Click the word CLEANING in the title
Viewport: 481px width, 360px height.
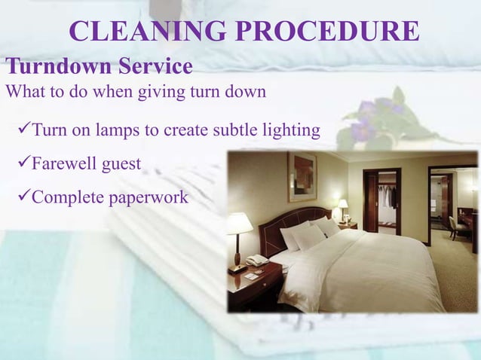tap(143, 31)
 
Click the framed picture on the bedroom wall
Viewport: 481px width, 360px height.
tap(302, 176)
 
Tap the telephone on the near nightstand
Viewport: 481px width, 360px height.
tap(257, 261)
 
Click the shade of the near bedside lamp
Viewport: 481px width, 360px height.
tap(239, 224)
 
